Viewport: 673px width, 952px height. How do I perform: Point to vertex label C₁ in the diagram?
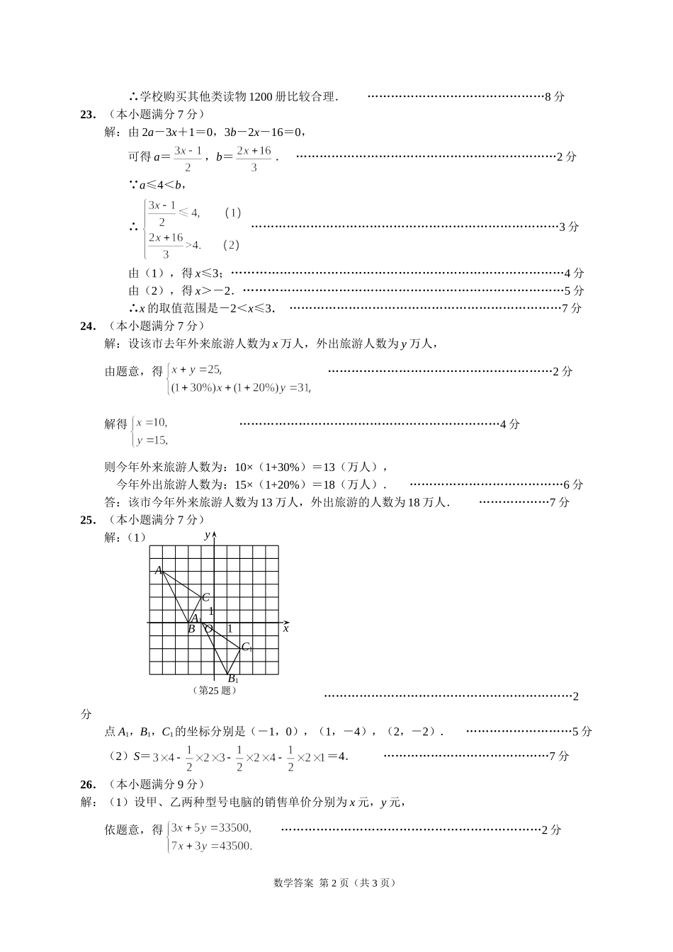[247, 647]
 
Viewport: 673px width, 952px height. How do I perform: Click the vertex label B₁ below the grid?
[233, 679]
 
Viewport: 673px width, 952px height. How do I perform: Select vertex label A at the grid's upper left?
[159, 570]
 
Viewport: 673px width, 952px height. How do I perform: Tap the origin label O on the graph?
[208, 628]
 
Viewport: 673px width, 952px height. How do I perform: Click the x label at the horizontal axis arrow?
[285, 628]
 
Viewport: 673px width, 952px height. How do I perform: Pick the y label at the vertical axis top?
[207, 535]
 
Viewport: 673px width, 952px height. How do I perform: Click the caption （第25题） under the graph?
[214, 691]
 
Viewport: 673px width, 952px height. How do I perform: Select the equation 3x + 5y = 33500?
[211, 827]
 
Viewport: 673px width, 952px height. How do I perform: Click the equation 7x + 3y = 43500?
[211, 846]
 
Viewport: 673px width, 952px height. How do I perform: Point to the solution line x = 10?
[152, 422]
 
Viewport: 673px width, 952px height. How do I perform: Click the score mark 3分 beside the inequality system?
[569, 227]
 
